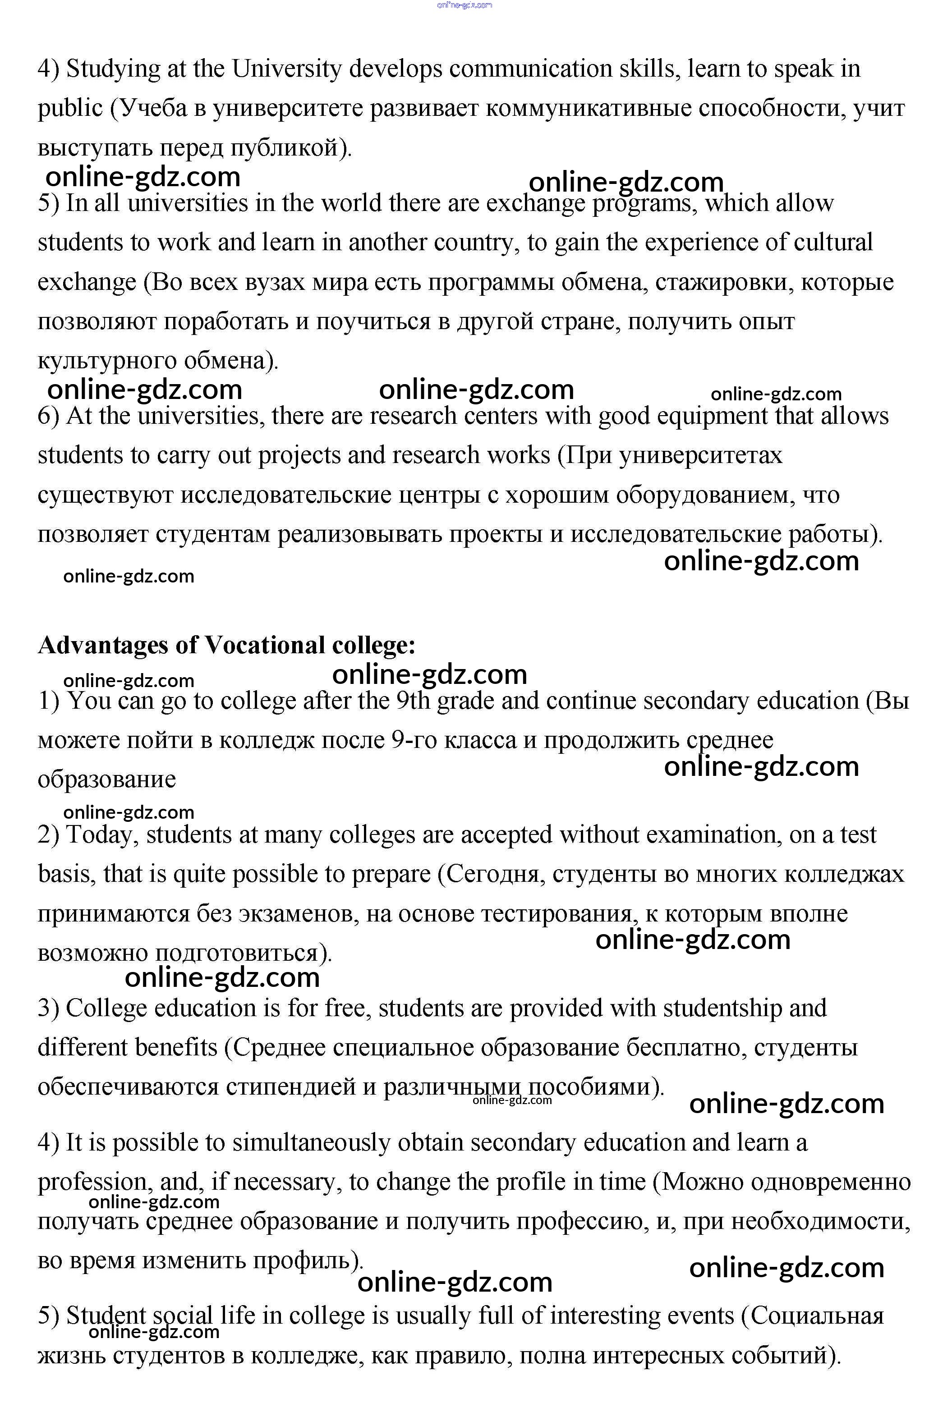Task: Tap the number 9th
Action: click(412, 701)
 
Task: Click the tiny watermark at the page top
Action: click(464, 5)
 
